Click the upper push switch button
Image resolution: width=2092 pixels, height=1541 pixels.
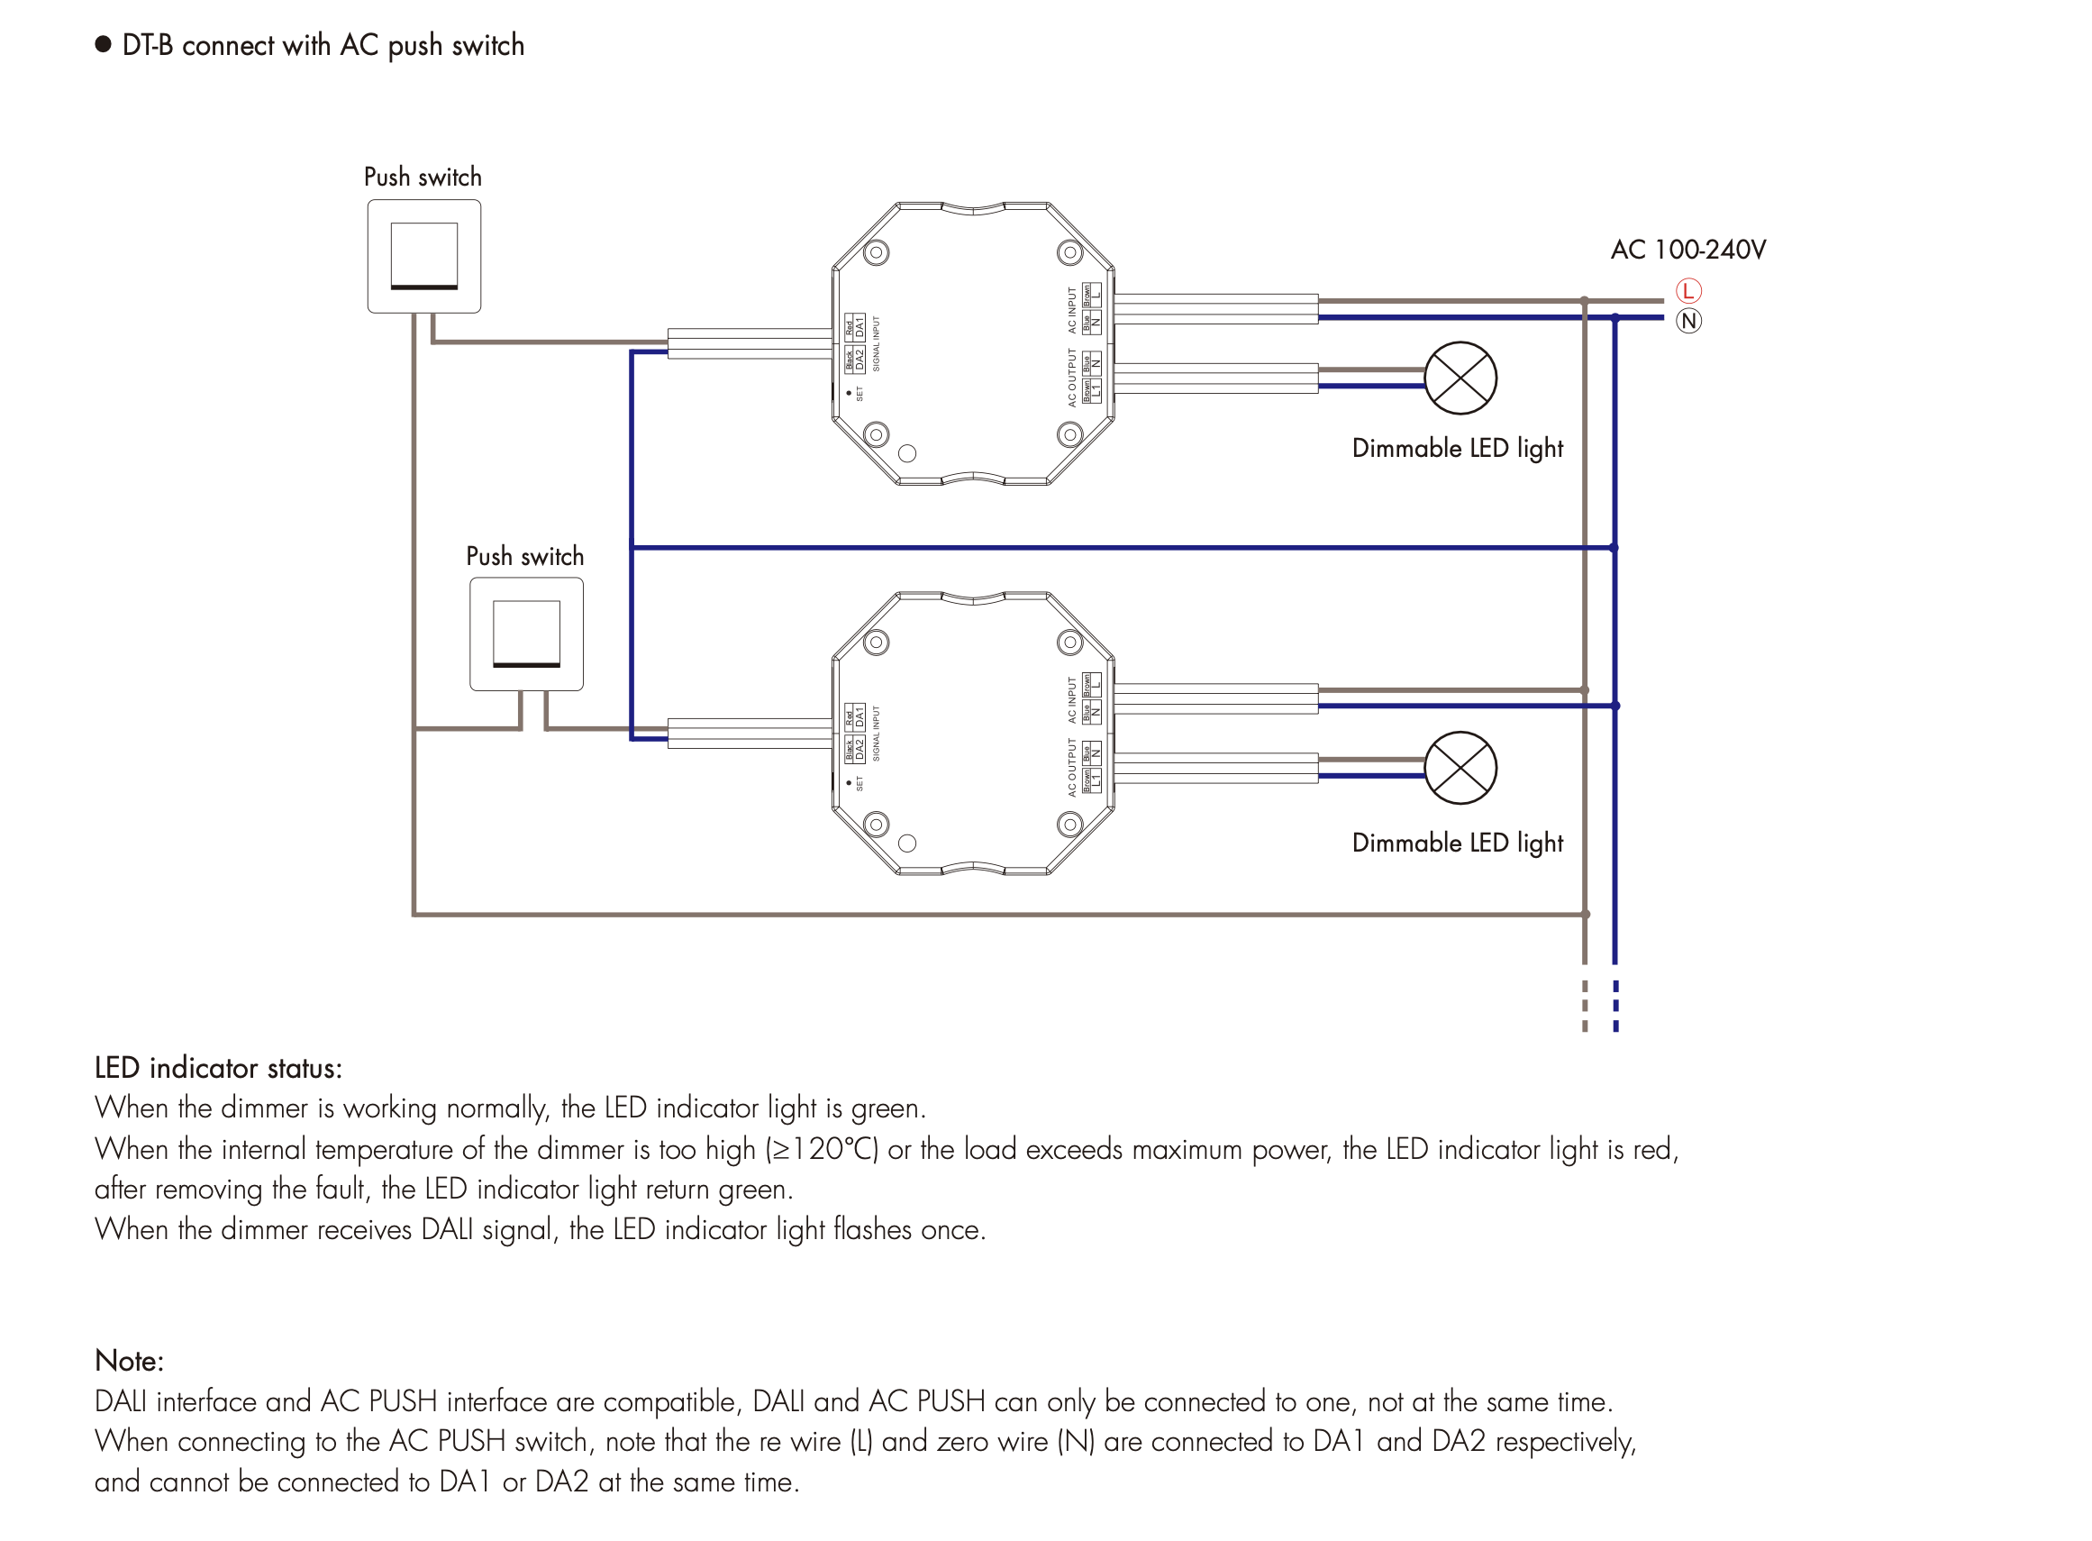click(423, 255)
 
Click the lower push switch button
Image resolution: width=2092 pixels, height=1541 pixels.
click(526, 634)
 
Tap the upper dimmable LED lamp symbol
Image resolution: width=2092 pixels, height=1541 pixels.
click(1460, 378)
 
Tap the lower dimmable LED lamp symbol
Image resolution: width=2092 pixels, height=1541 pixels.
click(1460, 768)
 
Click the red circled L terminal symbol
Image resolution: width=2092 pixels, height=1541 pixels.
click(1687, 291)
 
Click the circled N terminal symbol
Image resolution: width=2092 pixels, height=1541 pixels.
click(1687, 321)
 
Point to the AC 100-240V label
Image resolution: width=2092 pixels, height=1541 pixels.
click(1687, 250)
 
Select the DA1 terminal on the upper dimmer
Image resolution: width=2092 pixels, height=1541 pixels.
click(859, 326)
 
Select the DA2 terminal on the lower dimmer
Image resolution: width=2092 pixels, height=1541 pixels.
click(859, 749)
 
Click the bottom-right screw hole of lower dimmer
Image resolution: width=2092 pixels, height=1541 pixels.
click(1069, 824)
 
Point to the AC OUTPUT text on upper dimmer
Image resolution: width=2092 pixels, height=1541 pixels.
click(1071, 378)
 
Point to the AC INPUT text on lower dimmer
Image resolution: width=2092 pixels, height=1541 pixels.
click(1071, 699)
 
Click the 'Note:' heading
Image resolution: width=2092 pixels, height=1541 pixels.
click(129, 1361)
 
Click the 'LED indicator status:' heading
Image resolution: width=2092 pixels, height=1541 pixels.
click(218, 1068)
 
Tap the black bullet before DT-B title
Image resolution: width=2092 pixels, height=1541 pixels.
click(104, 45)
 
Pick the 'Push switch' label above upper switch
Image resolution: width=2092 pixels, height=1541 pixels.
click(423, 178)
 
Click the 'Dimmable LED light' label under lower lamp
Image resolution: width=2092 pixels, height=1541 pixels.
click(1457, 843)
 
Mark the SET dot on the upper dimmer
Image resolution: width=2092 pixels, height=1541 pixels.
click(848, 394)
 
